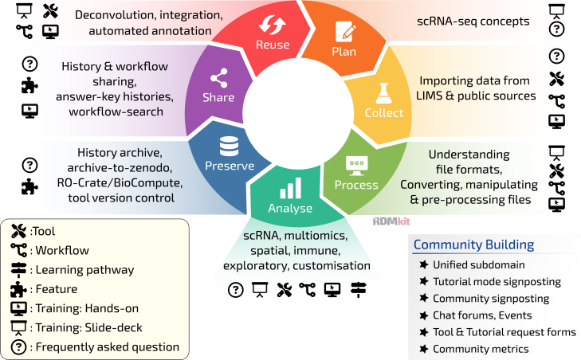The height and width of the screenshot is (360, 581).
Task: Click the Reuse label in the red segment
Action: [273, 45]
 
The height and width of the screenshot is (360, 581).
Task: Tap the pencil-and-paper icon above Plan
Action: [345, 31]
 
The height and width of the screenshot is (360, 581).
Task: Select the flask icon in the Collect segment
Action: [383, 93]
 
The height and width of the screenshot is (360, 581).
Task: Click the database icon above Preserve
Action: [229, 146]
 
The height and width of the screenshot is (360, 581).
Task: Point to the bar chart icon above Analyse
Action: [290, 188]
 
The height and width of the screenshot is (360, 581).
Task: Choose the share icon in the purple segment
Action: [218, 78]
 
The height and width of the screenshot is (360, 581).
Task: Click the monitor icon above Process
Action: [356, 166]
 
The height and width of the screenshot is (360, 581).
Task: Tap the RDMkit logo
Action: [391, 221]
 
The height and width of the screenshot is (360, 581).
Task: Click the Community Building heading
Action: [473, 245]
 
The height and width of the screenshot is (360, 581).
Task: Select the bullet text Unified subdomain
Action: [479, 264]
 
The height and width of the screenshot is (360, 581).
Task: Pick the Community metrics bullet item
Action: [481, 349]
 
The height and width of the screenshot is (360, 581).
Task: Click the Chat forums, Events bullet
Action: [482, 315]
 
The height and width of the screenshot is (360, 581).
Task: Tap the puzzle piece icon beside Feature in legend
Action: [18, 289]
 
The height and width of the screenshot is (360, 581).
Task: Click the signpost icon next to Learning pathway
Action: [18, 270]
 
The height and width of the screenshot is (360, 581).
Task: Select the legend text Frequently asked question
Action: [108, 347]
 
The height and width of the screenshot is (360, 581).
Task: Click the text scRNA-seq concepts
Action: [473, 22]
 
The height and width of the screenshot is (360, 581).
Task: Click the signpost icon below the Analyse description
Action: [358, 290]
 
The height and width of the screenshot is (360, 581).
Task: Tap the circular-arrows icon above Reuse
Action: [273, 25]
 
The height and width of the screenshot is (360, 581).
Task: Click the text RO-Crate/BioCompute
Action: [120, 183]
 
